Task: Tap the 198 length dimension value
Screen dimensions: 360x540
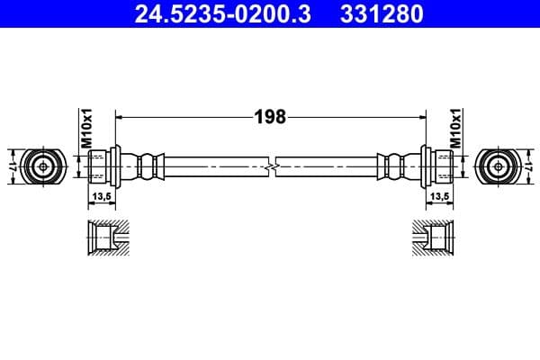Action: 270,117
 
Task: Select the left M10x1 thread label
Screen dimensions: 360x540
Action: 87,128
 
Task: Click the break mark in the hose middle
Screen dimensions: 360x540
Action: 270,166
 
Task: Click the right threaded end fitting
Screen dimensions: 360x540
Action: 438,166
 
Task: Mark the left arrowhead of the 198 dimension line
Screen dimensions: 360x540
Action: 121,117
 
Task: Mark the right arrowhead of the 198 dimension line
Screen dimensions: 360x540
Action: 420,117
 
